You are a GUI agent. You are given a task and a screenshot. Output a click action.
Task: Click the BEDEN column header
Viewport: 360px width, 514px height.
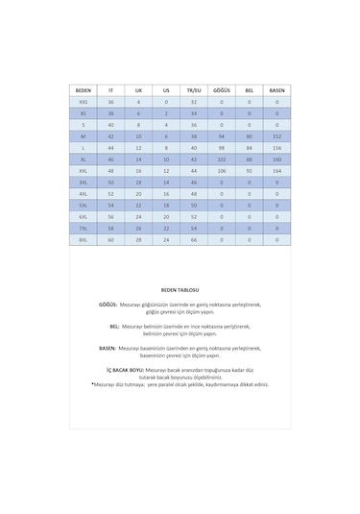[x=83, y=90]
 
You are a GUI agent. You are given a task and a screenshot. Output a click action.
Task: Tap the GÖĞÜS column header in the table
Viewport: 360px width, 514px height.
[x=222, y=90]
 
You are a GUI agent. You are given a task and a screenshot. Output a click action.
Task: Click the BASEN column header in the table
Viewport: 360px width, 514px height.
[x=277, y=90]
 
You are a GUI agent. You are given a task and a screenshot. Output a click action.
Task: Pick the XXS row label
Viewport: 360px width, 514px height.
[x=83, y=101]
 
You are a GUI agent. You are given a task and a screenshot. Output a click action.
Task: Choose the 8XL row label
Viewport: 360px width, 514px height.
[x=83, y=239]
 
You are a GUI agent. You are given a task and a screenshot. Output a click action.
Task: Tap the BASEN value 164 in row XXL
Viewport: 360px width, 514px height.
[x=277, y=170]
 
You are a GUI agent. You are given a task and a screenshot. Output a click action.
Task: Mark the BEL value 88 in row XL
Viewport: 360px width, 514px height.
[x=250, y=159]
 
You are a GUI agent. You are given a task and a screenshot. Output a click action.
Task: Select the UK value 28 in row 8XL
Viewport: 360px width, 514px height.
[x=138, y=239]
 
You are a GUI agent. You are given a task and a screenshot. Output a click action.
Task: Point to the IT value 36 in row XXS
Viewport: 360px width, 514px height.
[x=110, y=101]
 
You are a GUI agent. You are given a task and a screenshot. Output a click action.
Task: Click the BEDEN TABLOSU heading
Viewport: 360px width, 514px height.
[x=180, y=288]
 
